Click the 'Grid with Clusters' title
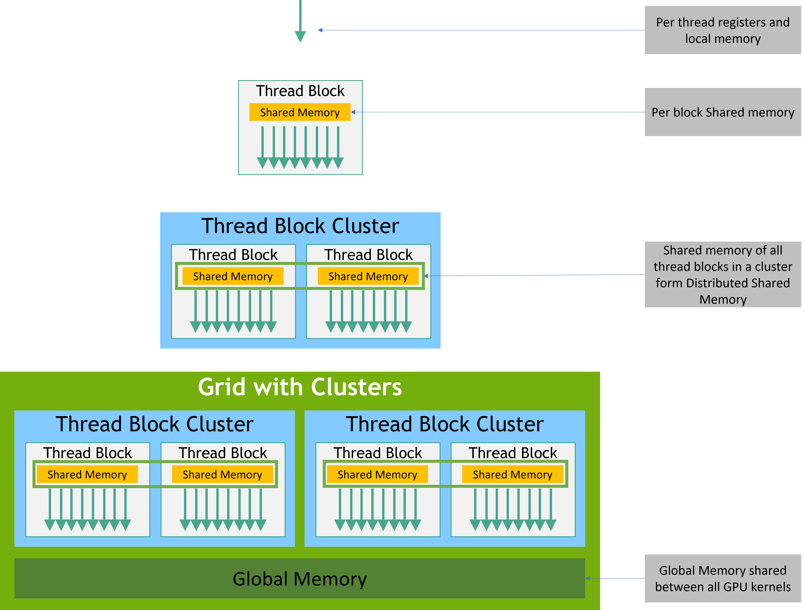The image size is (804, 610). click(x=300, y=387)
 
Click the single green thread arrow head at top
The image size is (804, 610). click(x=300, y=36)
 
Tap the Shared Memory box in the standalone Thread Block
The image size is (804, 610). click(x=300, y=112)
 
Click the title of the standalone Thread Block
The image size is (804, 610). click(x=300, y=91)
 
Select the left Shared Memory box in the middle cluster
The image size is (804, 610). click(x=233, y=276)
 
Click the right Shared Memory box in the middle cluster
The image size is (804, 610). click(x=368, y=276)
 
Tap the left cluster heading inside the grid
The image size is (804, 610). click(x=155, y=424)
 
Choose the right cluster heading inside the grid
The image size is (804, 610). click(x=445, y=424)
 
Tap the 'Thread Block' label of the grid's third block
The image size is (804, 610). click(x=378, y=453)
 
